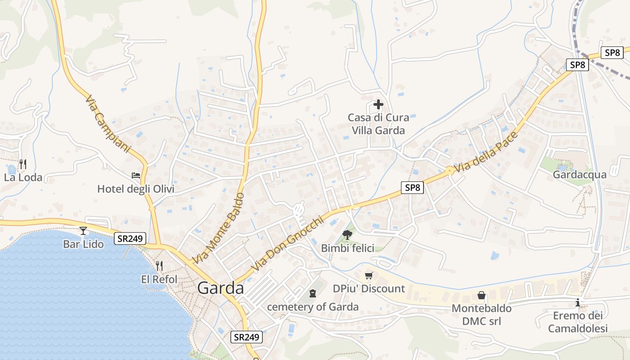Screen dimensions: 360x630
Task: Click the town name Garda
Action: (220, 288)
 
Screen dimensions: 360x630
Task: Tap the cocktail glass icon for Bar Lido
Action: (83, 231)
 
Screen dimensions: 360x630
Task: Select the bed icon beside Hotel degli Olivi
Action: (136, 175)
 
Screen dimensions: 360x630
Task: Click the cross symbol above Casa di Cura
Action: (378, 104)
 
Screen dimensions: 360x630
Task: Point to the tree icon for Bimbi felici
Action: (347, 234)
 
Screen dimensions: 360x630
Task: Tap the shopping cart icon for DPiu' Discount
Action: (369, 275)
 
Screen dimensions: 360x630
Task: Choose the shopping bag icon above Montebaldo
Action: (481, 295)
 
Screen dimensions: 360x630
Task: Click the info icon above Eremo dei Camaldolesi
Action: (578, 303)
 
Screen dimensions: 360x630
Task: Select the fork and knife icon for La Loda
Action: (23, 164)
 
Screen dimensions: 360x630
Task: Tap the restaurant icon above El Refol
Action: (159, 266)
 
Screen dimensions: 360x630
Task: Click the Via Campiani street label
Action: (108, 124)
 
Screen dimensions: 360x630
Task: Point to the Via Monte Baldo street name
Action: (218, 228)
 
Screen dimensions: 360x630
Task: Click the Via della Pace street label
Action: (486, 153)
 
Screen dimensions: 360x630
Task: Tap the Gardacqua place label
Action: (580, 175)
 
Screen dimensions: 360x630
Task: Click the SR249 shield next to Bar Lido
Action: (130, 238)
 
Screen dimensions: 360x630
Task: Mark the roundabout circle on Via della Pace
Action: (449, 171)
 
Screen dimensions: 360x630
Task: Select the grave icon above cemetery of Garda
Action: (313, 293)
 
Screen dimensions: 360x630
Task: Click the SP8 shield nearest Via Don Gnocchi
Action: (412, 187)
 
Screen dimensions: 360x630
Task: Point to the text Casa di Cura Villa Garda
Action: (378, 124)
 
